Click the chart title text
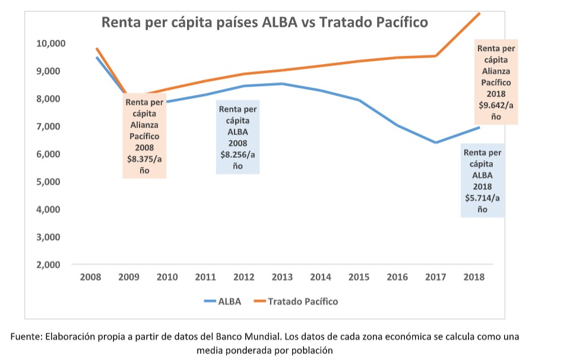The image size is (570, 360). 265,23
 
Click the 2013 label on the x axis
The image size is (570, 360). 282,277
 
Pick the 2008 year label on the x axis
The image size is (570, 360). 90,277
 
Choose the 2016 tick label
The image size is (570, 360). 397,277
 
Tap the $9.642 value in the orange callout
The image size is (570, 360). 496,105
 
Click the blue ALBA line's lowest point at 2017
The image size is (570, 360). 436,143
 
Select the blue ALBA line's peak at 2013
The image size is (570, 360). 282,84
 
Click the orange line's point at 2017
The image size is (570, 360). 436,56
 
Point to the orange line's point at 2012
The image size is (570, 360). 244,74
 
